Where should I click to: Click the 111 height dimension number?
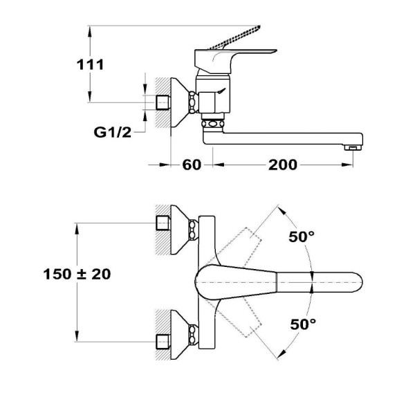(90, 65)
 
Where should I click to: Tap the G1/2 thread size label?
(113, 132)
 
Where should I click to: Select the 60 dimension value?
(192, 165)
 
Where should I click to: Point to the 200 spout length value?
(283, 165)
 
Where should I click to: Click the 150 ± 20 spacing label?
(77, 274)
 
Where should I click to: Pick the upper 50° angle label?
(302, 237)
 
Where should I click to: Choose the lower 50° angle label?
(303, 324)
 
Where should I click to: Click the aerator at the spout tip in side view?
(353, 147)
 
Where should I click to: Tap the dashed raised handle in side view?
(235, 37)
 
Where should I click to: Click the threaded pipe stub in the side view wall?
(163, 102)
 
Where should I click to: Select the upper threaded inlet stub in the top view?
(163, 223)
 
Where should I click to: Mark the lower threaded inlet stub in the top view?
(163, 342)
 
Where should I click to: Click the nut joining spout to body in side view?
(213, 124)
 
